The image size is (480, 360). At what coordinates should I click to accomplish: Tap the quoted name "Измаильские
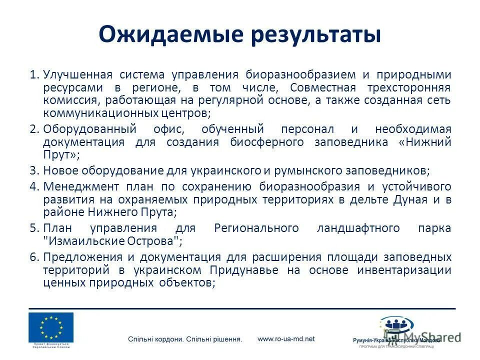(x=80, y=240)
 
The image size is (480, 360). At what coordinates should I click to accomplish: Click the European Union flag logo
(x=51, y=327)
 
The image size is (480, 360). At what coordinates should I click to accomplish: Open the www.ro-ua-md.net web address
(x=286, y=338)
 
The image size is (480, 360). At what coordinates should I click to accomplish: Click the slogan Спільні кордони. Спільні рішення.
(x=185, y=339)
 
